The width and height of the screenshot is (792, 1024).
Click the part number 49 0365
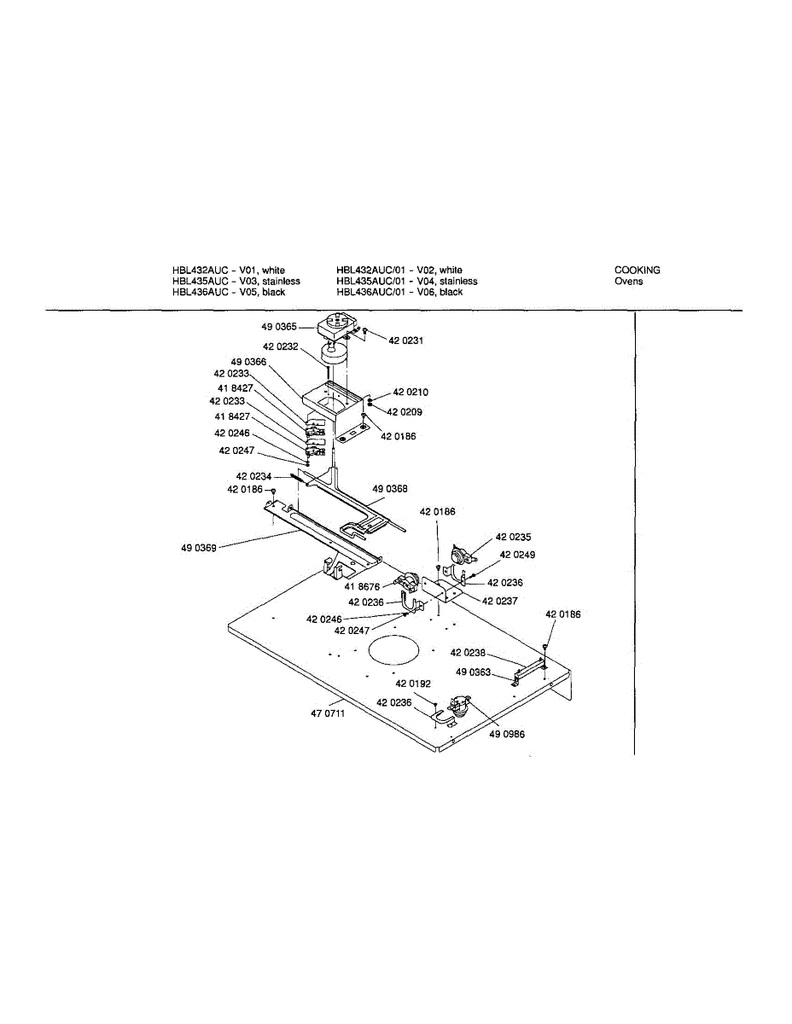(x=279, y=326)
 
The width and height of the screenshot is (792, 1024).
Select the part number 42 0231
(x=406, y=340)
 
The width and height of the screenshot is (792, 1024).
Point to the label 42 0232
(x=281, y=346)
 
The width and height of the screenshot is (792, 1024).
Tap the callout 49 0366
(x=249, y=361)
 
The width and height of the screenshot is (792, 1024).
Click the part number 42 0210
(x=411, y=393)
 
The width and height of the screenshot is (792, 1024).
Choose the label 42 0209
(x=405, y=411)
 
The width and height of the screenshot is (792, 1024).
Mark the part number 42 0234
(x=253, y=476)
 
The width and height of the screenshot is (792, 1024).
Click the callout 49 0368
(x=389, y=489)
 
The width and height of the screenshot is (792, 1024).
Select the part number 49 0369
(x=198, y=548)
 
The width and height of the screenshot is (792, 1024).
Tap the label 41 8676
(x=362, y=586)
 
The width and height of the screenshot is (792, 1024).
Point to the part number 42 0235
(x=513, y=538)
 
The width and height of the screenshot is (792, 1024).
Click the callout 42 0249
(x=517, y=555)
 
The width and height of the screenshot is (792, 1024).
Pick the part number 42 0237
(x=499, y=601)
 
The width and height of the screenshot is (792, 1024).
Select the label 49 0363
(x=473, y=672)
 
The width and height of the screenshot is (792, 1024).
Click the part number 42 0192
(x=413, y=684)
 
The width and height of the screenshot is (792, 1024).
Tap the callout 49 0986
(x=507, y=732)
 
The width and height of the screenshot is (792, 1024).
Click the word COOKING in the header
(x=637, y=271)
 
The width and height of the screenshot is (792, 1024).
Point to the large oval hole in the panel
(x=395, y=651)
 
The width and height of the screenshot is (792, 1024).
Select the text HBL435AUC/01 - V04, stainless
(x=407, y=281)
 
